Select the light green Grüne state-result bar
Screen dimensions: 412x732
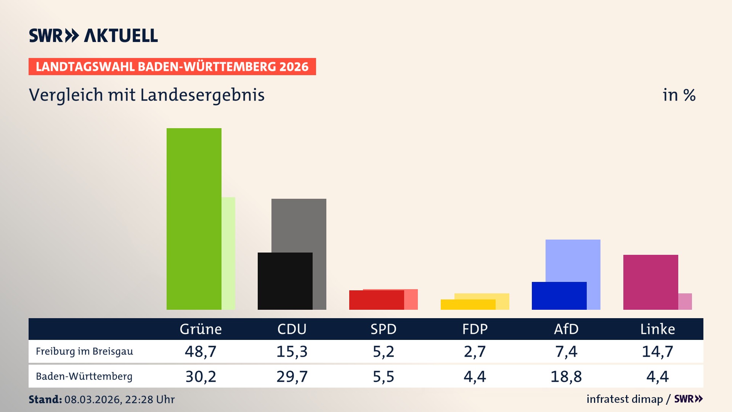228,253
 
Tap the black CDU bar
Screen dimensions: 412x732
285,281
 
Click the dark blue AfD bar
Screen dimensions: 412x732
559,296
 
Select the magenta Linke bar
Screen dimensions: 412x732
650,282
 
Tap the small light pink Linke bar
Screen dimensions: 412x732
685,301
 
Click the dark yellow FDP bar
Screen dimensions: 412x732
468,304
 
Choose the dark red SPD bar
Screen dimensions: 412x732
376,300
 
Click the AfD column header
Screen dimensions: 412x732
566,329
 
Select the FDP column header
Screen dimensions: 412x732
475,329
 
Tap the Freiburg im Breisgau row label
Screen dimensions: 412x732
84,351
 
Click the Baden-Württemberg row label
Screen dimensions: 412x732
84,377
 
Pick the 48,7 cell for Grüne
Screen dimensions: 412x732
201,351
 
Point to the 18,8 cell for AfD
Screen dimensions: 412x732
566,377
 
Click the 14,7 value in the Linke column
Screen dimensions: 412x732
657,351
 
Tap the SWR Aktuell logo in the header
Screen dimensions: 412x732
93,35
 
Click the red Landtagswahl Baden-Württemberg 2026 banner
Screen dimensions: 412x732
172,67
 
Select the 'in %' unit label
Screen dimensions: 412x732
679,95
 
